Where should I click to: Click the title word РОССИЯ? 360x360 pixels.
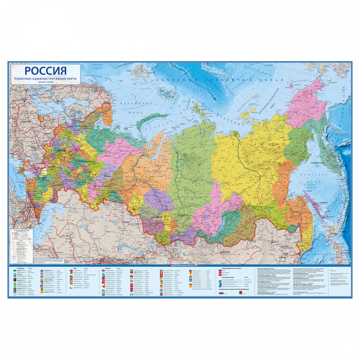pos(46,71)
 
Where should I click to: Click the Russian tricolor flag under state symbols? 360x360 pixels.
pos(221,293)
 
